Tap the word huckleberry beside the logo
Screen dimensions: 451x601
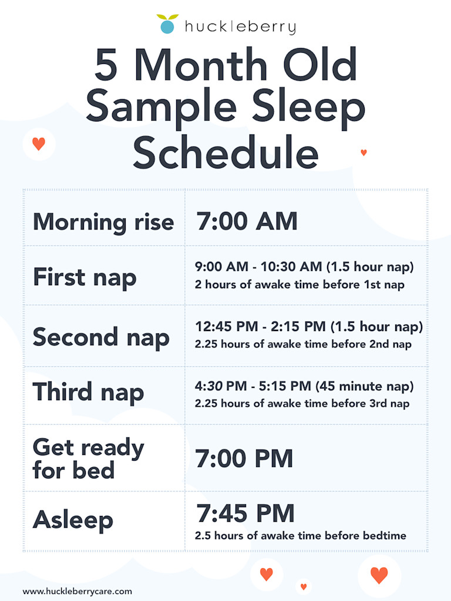coord(240,27)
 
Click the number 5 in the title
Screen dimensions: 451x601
coord(106,65)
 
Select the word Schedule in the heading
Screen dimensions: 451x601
coord(225,152)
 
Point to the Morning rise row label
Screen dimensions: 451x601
coord(103,222)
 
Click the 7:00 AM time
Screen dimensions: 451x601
coord(247,221)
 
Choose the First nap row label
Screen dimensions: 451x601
coord(85,277)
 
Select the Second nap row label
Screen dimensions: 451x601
coord(101,337)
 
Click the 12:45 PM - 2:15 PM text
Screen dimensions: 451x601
coord(260,326)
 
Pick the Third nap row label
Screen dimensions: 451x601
coord(88,392)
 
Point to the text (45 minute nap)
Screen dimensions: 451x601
coord(364,386)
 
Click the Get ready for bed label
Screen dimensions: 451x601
coord(89,458)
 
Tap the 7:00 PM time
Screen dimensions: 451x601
coord(244,458)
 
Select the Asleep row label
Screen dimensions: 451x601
coord(73,520)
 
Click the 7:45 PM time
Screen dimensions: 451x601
coord(245,513)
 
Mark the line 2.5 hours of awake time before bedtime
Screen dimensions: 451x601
coord(300,535)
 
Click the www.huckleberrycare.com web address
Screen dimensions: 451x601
coord(78,592)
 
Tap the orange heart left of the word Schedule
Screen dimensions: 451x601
coord(39,144)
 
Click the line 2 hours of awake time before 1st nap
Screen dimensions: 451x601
coord(299,285)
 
